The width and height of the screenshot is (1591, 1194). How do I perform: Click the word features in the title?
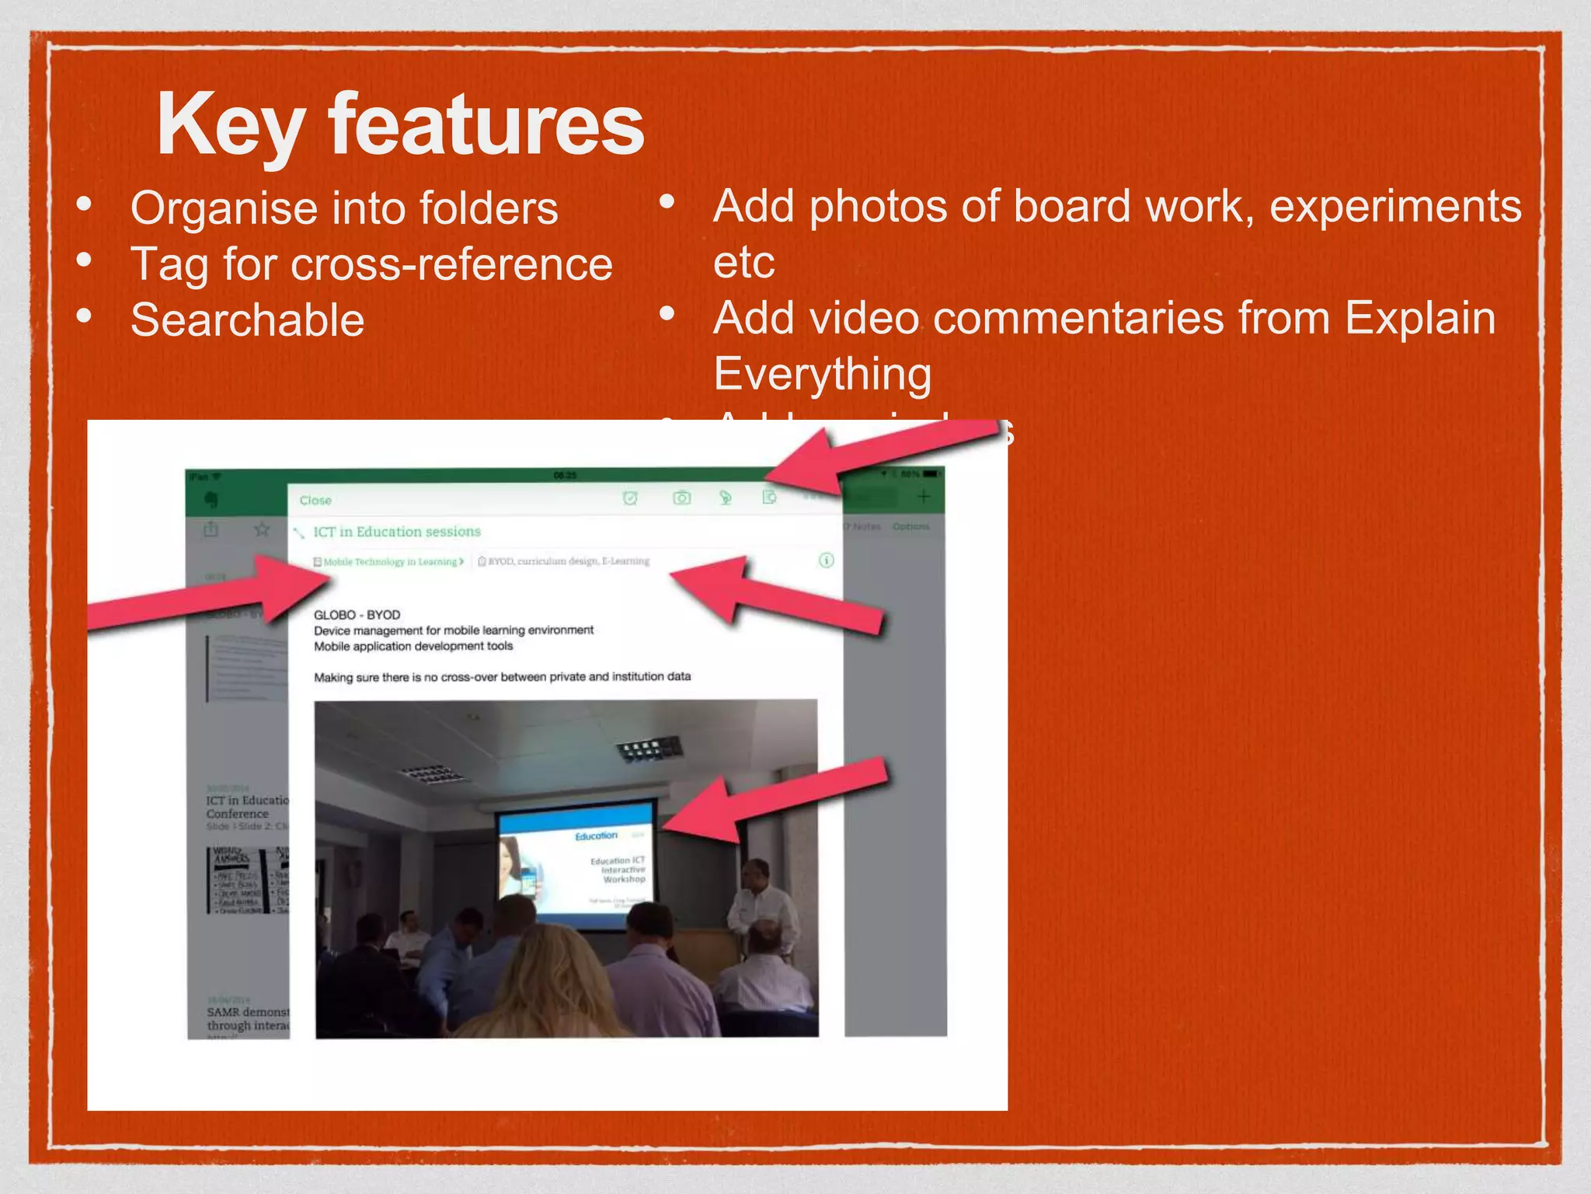point(486,124)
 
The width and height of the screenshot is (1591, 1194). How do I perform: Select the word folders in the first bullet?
point(488,208)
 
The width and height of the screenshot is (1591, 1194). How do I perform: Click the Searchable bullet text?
point(247,320)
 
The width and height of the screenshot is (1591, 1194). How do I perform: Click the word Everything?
point(822,374)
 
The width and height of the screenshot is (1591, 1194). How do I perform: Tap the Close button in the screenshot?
point(315,501)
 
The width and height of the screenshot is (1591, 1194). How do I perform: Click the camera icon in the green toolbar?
point(681,497)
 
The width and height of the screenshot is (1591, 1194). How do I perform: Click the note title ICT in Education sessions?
point(396,532)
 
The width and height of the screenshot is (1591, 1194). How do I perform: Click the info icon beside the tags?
point(827,560)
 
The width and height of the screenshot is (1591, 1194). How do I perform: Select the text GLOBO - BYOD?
point(357,615)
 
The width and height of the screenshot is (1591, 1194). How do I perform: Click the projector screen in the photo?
point(576,863)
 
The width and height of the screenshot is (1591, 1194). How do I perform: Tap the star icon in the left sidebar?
point(262,529)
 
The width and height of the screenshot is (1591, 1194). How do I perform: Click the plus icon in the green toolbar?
point(923,496)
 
